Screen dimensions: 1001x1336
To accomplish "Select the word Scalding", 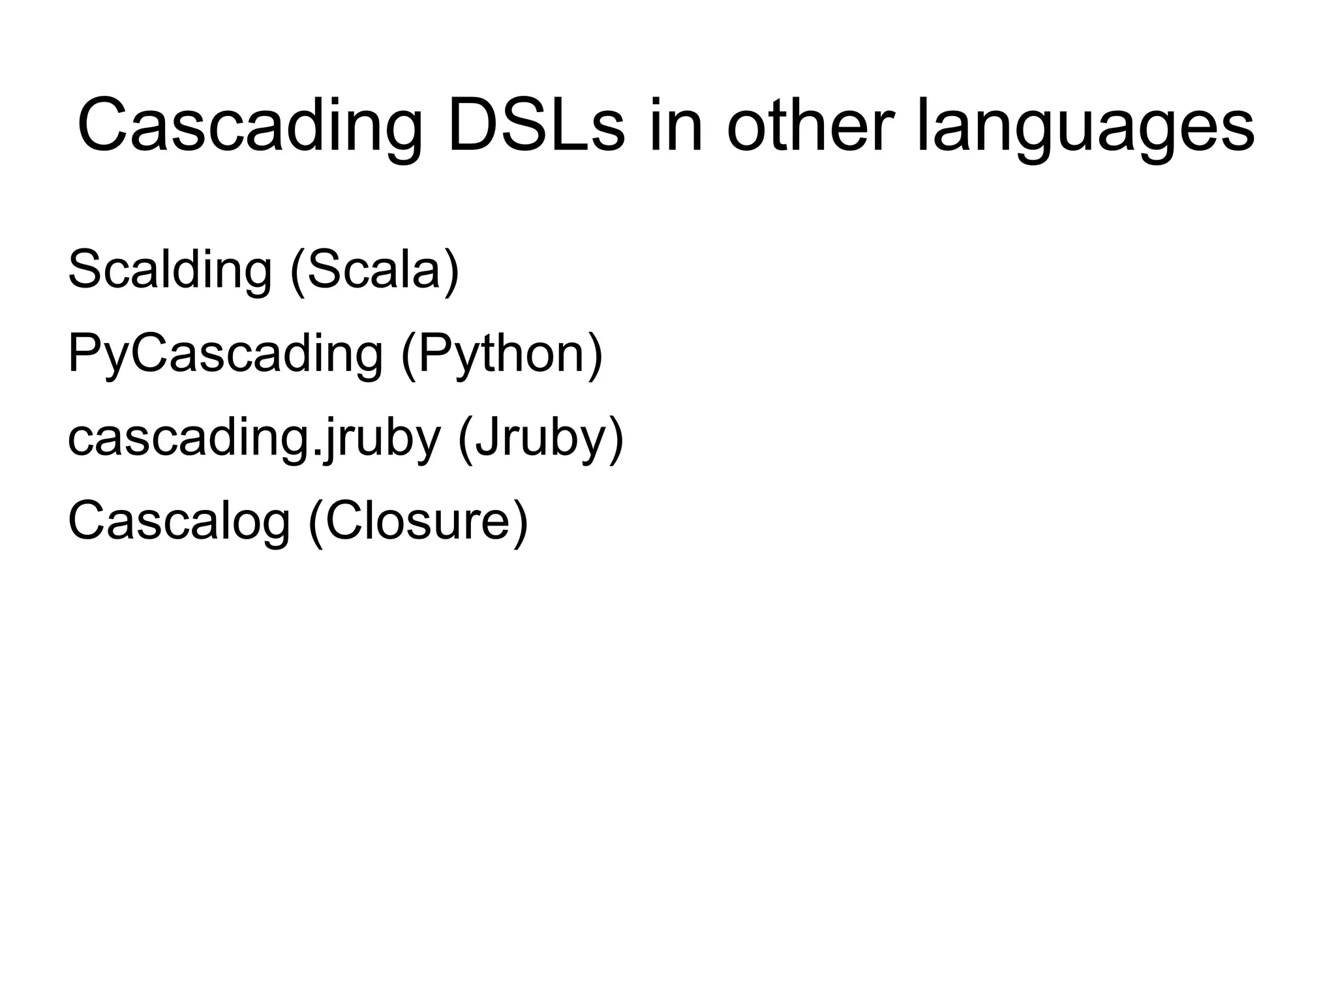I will point(170,269).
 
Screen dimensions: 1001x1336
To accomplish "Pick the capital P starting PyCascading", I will point(81,353).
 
